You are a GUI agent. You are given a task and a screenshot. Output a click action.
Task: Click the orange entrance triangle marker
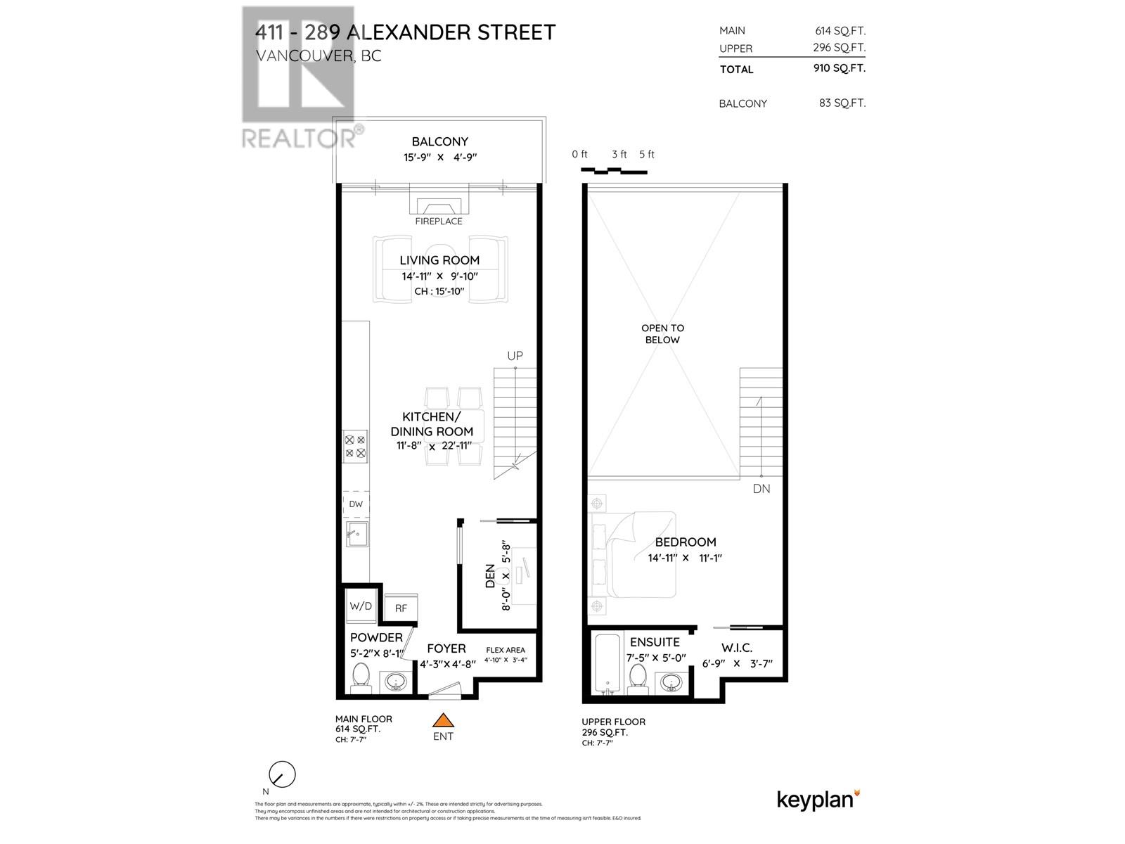(443, 720)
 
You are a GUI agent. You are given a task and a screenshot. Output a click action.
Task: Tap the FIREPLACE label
(439, 221)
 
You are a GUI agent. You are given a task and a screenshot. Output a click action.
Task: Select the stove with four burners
(355, 447)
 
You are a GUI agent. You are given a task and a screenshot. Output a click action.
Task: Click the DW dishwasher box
(356, 504)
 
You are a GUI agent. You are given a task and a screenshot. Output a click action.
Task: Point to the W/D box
(361, 606)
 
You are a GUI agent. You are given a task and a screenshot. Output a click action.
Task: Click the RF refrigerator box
(401, 608)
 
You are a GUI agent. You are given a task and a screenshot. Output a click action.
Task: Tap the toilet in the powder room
(361, 677)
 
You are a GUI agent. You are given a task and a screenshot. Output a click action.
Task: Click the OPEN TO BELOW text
(662, 333)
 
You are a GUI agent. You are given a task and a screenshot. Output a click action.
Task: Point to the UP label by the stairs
(515, 356)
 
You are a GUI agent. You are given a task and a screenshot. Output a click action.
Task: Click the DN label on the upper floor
(761, 488)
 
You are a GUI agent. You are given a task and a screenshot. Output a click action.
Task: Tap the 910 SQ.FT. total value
(839, 68)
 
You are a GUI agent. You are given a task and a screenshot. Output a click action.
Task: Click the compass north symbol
(283, 775)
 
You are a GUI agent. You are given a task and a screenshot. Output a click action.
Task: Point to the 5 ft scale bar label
(647, 154)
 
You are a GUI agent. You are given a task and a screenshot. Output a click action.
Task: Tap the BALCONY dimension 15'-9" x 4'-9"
(440, 158)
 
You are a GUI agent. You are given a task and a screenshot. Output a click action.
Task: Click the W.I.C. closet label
(737, 647)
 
